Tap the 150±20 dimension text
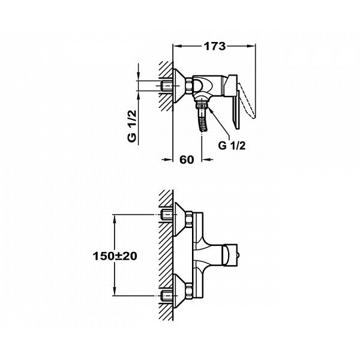[x=115, y=256]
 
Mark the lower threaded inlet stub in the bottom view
[x=166, y=295]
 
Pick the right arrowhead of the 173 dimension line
[x=254, y=46]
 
